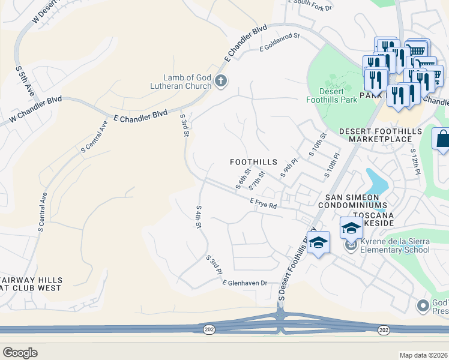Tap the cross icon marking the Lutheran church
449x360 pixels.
221,81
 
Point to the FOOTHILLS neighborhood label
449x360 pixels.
254,162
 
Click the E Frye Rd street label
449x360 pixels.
264,205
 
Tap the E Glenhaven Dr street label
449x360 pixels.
244,283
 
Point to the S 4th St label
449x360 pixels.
198,217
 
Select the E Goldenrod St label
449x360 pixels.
279,42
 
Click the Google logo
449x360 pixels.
20,353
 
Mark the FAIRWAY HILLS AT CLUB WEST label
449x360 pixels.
30,284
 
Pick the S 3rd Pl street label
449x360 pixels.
214,265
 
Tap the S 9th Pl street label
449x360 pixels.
289,168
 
